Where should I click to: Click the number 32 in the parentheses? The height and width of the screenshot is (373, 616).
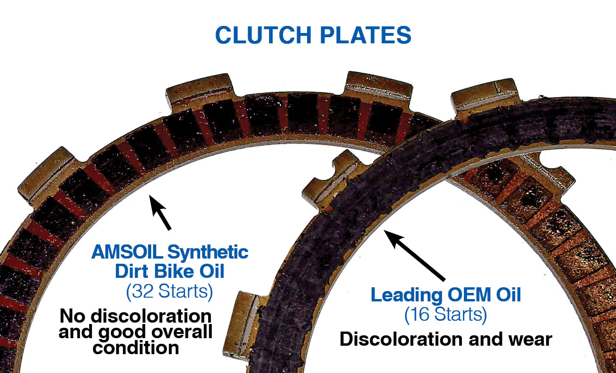[x=143, y=292]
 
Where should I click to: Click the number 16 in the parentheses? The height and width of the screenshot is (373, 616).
[x=421, y=314]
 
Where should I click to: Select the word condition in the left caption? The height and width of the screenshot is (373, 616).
[x=136, y=348]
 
